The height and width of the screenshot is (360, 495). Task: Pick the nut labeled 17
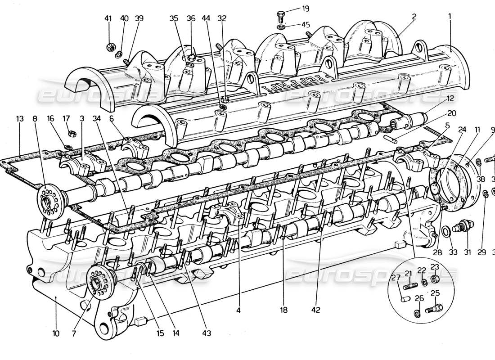[x=71, y=134]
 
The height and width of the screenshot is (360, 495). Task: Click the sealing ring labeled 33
[x=445, y=231]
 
